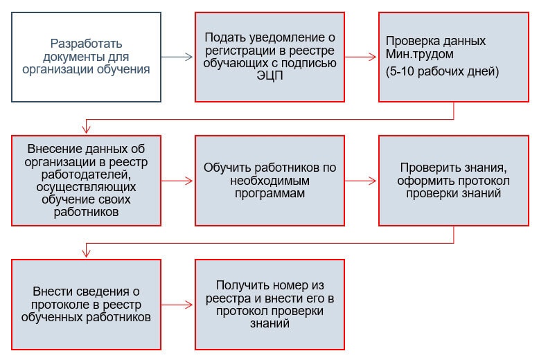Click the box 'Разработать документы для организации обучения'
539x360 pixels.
(x=86, y=57)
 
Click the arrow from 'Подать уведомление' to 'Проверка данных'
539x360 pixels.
(x=361, y=57)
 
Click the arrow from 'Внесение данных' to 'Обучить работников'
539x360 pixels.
(x=177, y=181)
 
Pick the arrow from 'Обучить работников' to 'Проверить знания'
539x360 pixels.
(x=361, y=181)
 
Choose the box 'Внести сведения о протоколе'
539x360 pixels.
(x=86, y=304)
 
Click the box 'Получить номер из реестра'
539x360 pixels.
(x=269, y=304)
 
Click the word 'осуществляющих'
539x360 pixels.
(x=86, y=188)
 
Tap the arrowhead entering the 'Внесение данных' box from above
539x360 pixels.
(x=86, y=129)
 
